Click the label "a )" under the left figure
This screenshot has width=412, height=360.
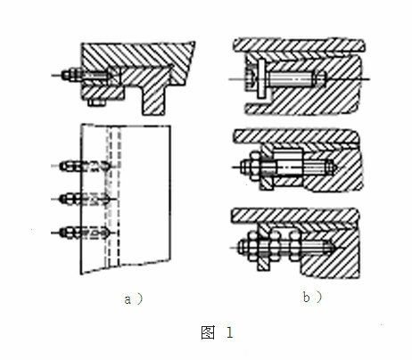tap(134, 299)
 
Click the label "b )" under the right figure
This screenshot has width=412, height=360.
tap(312, 297)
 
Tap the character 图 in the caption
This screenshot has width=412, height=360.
tap(208, 332)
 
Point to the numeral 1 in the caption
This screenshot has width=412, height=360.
tap(229, 332)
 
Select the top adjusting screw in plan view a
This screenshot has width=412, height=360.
tap(86, 166)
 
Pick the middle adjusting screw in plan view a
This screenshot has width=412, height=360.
tap(86, 199)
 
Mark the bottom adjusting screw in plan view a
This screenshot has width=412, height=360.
tap(86, 233)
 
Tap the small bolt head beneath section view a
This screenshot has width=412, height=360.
tap(97, 102)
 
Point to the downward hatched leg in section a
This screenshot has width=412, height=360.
tap(153, 100)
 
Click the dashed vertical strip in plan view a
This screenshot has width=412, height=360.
tap(113, 196)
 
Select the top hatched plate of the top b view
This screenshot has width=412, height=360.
tap(299, 45)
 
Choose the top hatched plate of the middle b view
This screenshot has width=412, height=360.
tap(297, 136)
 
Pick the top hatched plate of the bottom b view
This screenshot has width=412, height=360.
tap(295, 216)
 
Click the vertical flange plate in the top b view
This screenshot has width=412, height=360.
tap(261, 78)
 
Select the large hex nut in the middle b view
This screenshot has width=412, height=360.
tap(255, 167)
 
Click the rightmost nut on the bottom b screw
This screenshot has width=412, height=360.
tap(294, 246)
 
